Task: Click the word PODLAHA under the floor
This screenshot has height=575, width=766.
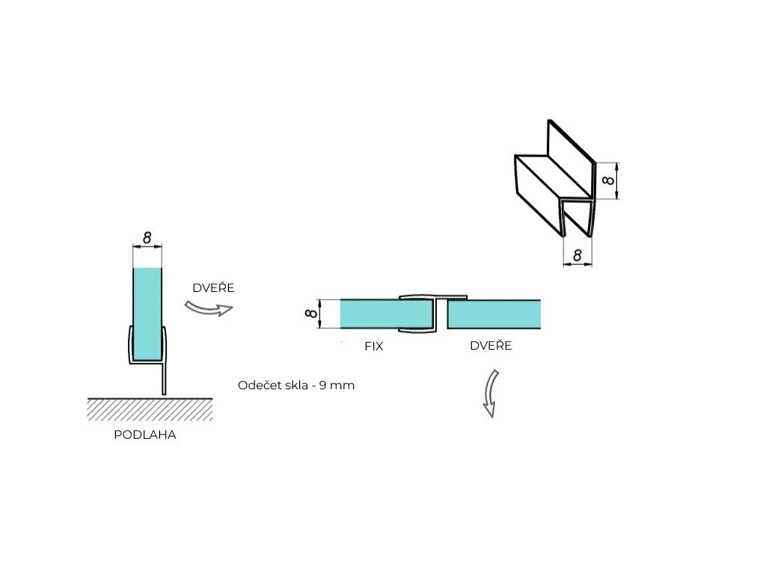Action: pos(144,435)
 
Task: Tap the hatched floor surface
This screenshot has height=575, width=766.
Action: pos(150,410)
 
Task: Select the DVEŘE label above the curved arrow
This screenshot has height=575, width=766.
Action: pos(213,287)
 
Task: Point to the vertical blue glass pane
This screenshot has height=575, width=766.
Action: pos(147,314)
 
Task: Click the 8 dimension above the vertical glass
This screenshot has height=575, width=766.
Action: pos(147,237)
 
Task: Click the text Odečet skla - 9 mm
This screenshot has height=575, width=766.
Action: pos(296,386)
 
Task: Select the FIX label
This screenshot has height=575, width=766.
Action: pos(374,346)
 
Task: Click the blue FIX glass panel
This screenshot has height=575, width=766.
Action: pos(386,314)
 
